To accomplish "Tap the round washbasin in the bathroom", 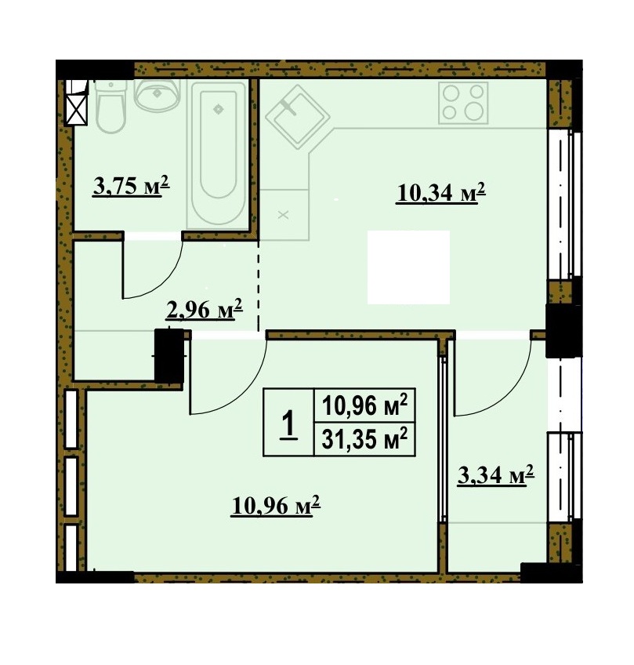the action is pyautogui.click(x=157, y=96).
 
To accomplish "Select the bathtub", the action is pyautogui.click(x=218, y=154).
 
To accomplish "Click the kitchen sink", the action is pyautogui.click(x=298, y=117).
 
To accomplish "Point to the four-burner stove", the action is pyautogui.click(x=463, y=103).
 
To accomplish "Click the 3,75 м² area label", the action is pyautogui.click(x=131, y=186).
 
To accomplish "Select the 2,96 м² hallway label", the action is pyautogui.click(x=204, y=309).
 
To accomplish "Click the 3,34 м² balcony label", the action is pyautogui.click(x=495, y=475).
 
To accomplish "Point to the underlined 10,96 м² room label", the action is pyautogui.click(x=276, y=505).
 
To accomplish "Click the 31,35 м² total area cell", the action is pyautogui.click(x=364, y=439).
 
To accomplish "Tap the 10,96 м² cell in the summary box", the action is pyautogui.click(x=364, y=405).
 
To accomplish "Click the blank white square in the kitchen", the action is pyautogui.click(x=408, y=267).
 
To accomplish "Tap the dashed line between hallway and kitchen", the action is pyautogui.click(x=259, y=285).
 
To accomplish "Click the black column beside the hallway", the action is pyautogui.click(x=169, y=356).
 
